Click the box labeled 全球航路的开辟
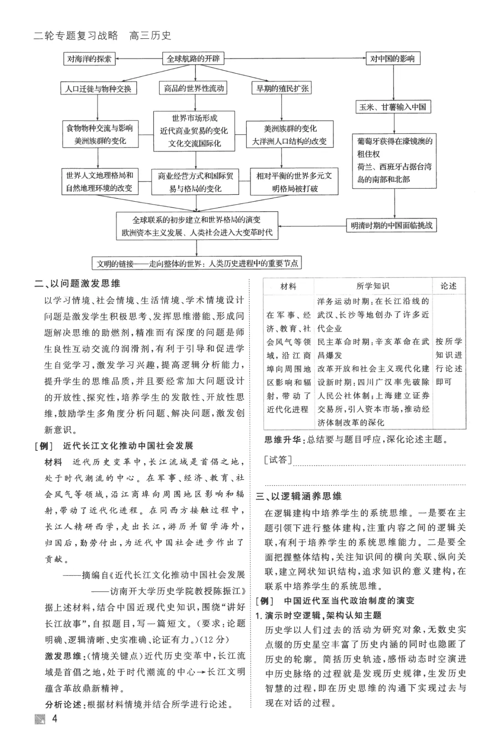pos(193,58)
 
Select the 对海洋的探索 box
pos(89,58)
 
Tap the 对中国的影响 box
pos(392,58)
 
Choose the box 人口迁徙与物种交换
pos(98,88)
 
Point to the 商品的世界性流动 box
pos(194,88)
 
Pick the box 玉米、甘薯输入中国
pos(393,107)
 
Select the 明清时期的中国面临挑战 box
pos(392,225)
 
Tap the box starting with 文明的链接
pos(197,263)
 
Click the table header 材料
pos(288,286)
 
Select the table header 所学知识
pos(373,286)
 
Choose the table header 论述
pos(448,286)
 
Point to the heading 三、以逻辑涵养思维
pos(299,496)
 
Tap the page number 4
pos(55,719)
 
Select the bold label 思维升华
pos(283,439)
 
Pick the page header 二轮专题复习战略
pos(76,36)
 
